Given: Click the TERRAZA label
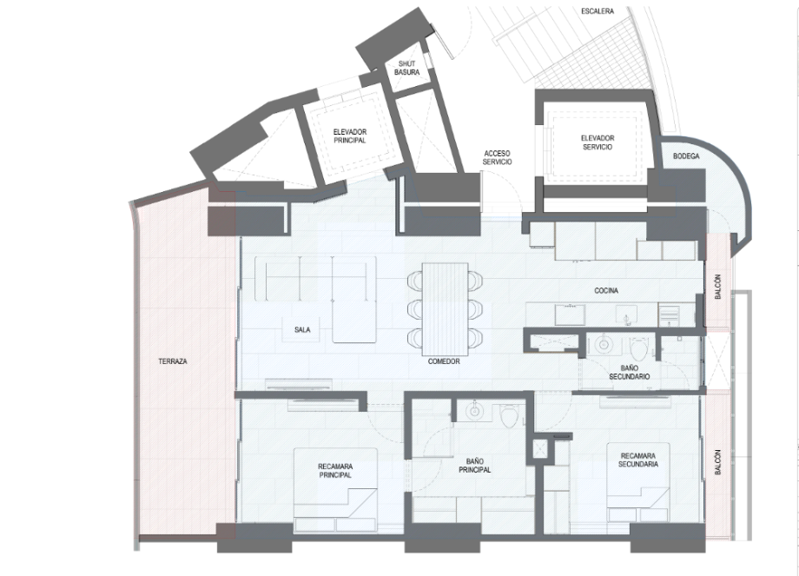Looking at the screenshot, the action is click(x=173, y=361).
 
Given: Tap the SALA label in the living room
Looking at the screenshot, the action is click(x=302, y=330).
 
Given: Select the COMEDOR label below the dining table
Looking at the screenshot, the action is click(x=444, y=361).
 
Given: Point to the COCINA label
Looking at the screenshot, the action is click(x=606, y=290).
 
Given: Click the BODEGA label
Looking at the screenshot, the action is click(x=686, y=156).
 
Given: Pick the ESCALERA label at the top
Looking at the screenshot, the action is click(x=598, y=10).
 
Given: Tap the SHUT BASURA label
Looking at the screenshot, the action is click(x=406, y=68).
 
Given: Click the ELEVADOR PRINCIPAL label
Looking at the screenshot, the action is click(x=350, y=136).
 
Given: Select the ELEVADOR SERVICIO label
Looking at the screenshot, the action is click(x=598, y=142).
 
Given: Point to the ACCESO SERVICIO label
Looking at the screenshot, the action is click(x=497, y=157).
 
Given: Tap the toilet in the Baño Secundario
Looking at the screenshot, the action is click(x=638, y=348).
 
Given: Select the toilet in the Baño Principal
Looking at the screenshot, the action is click(x=509, y=415).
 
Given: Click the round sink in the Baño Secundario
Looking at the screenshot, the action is click(x=604, y=345).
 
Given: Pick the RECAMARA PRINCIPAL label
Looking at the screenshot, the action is click(x=335, y=471).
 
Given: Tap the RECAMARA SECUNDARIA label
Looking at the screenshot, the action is click(x=638, y=460).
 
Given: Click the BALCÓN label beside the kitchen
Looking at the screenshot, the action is click(x=718, y=287).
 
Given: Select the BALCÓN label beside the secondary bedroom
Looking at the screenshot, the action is click(x=718, y=462).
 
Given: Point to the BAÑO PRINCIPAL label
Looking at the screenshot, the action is click(x=474, y=466).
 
